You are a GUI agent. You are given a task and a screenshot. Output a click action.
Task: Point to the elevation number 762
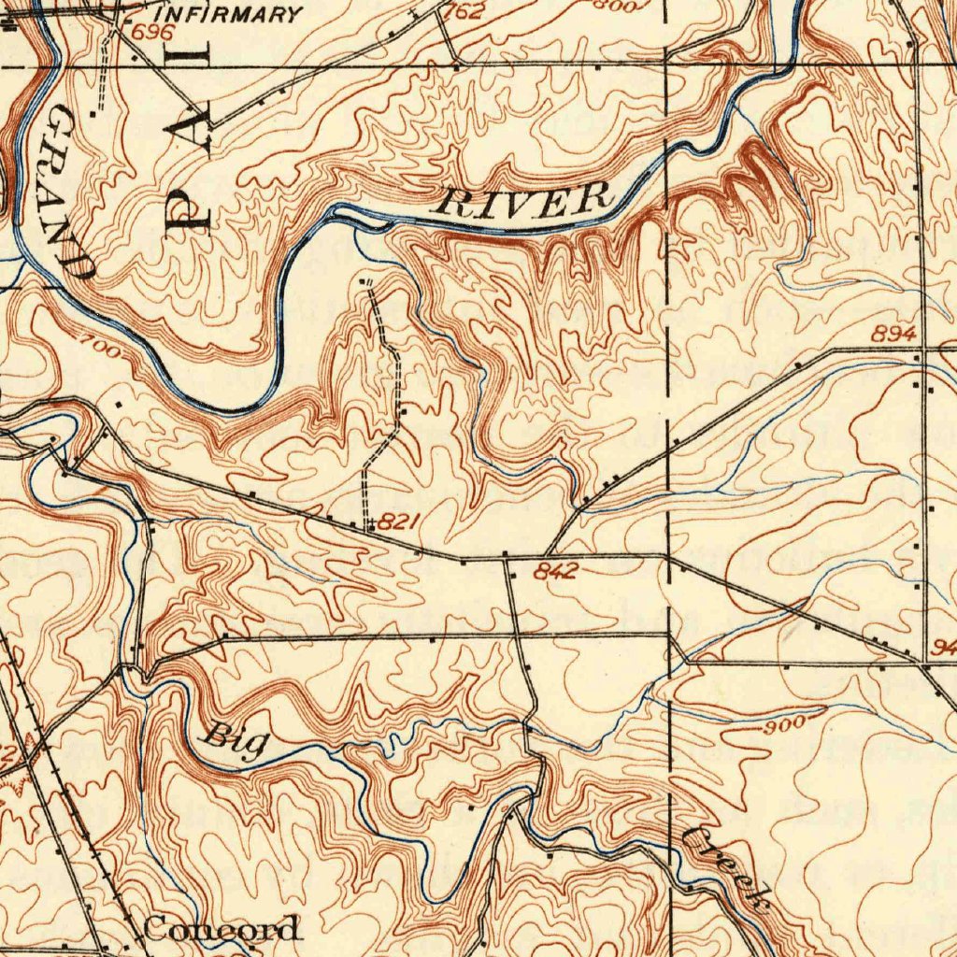tap(465, 12)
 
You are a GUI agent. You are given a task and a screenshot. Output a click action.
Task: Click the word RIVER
tap(526, 201)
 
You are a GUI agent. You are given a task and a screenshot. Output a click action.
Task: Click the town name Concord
tap(222, 929)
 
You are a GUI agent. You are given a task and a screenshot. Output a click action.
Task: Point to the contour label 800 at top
tap(617, 6)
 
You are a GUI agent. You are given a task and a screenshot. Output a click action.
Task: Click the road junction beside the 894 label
tap(920, 349)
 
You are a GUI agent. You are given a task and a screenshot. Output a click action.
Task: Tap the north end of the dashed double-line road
tap(365, 280)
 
